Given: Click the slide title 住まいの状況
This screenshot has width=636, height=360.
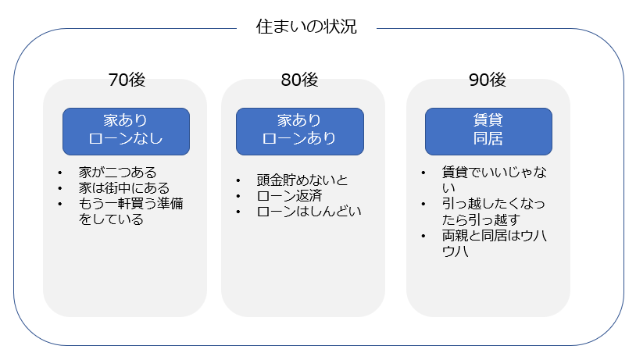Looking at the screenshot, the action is [306, 27].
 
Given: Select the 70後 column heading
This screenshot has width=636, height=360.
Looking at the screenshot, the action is [127, 80].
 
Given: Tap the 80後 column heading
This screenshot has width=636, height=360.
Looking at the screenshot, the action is [299, 80].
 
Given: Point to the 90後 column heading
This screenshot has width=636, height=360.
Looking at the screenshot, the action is [487, 80].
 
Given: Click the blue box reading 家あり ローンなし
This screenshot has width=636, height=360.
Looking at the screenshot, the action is [126, 131].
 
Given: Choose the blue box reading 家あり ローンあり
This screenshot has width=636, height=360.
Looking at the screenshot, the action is [300, 131].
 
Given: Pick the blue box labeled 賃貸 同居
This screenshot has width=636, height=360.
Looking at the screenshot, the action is [488, 131].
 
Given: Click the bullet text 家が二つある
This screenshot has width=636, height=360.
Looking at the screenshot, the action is [118, 173].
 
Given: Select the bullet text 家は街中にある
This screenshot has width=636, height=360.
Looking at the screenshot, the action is [124, 188].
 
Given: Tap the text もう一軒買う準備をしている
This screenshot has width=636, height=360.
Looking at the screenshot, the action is [130, 211].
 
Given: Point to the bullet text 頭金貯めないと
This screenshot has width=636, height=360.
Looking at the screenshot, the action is [302, 180].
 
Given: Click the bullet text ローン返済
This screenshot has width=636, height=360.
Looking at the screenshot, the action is [289, 196].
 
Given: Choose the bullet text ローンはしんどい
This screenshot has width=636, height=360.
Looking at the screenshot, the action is [309, 211].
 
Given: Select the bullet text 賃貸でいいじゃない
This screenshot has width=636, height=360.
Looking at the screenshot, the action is [494, 180].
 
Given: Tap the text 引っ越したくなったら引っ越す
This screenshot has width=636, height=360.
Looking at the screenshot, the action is [493, 211].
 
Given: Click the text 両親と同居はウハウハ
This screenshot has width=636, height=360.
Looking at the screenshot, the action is [494, 243].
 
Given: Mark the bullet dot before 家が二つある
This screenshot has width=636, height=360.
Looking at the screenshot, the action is [60, 173].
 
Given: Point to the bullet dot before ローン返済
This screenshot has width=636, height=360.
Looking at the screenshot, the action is [238, 196].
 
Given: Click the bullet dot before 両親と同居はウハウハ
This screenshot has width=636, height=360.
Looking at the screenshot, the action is [423, 236].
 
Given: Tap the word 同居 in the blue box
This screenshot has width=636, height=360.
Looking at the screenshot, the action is [488, 139].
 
